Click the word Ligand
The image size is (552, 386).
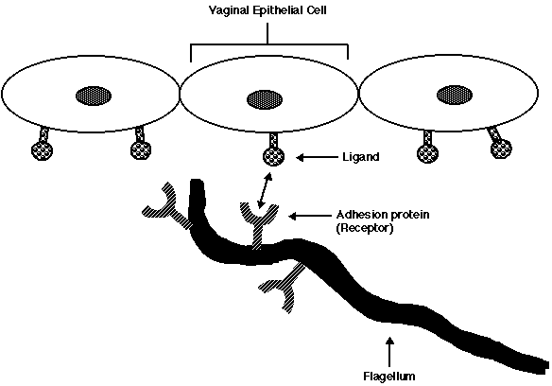click(x=361, y=157)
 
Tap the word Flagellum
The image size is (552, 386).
click(x=389, y=377)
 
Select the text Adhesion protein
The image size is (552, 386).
click(x=383, y=215)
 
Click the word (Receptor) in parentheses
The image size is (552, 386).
click(x=364, y=228)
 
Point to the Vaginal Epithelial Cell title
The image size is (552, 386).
click(x=267, y=10)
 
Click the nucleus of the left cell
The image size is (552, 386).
click(x=94, y=96)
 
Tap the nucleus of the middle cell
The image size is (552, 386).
click(x=265, y=99)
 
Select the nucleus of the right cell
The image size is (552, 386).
click(x=455, y=96)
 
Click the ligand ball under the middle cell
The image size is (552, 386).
click(x=274, y=157)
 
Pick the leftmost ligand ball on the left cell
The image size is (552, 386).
click(x=43, y=150)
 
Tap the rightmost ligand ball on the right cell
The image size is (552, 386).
click(x=501, y=149)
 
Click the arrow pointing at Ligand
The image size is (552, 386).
click(x=317, y=157)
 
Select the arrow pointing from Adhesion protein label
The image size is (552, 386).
click(x=310, y=216)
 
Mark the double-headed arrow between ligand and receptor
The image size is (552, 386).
click(x=265, y=190)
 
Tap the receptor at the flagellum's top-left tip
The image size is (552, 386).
click(x=167, y=206)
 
